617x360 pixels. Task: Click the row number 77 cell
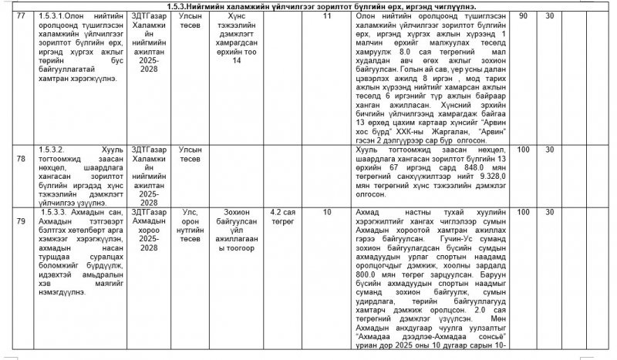pos(21,15)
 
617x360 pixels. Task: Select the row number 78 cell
pos(21,149)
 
